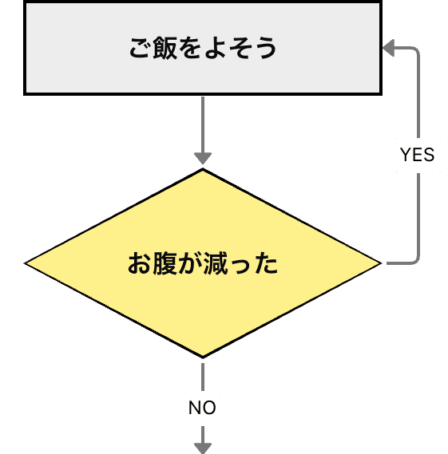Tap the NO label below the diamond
(x=202, y=409)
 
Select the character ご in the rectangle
(x=140, y=49)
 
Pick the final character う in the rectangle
(x=266, y=49)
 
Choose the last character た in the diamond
(x=266, y=263)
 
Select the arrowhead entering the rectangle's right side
(x=390, y=49)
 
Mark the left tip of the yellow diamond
(x=26, y=263)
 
